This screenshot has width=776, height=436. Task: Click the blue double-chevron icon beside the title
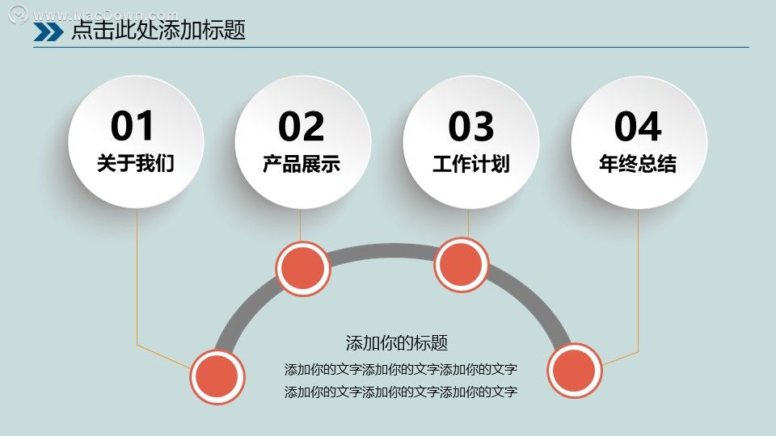pos(48,31)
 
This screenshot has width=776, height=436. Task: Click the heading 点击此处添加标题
pos(158,30)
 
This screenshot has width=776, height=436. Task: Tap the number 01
pos(132,126)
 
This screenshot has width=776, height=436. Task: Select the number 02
pos(301,127)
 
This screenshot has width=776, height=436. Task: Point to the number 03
pos(470,127)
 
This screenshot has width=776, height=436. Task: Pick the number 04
pos(638,127)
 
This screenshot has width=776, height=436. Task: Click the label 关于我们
pos(136,163)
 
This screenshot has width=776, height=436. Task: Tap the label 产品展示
pos(302,164)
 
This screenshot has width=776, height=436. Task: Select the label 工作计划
pos(471,164)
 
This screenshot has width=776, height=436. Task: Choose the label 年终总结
pos(638,164)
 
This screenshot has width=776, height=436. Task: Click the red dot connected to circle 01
pos(217,377)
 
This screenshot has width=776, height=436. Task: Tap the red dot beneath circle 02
pos(303,268)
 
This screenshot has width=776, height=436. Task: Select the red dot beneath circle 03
pos(462,265)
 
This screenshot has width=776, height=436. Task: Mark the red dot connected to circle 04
pos(575,371)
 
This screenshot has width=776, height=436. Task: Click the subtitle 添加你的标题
pos(396,342)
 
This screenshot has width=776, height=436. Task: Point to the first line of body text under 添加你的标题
pos(401,369)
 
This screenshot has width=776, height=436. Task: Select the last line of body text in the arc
pos(401,392)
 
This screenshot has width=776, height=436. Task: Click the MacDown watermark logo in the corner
pos(19,15)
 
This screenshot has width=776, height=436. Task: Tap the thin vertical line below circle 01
pos(137,277)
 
